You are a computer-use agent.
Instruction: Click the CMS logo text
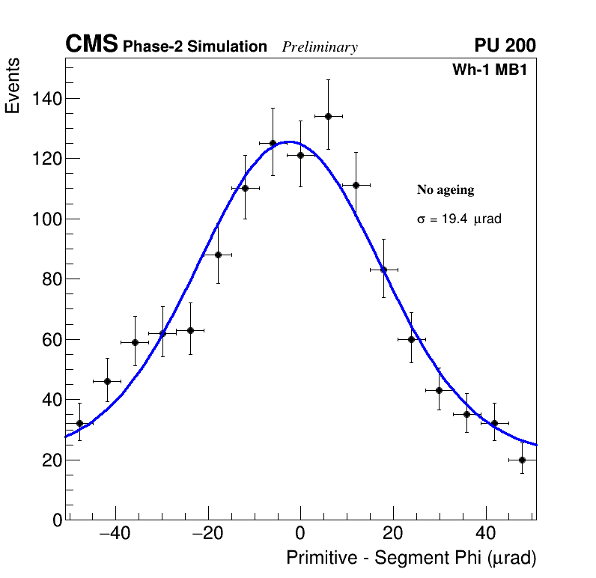pyautogui.click(x=91, y=45)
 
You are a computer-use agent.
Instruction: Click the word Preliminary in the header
pyautogui.click(x=320, y=48)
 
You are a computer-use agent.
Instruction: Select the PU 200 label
pyautogui.click(x=505, y=46)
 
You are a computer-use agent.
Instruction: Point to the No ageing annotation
pyautogui.click(x=446, y=190)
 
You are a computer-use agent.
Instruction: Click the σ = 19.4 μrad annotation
pyautogui.click(x=459, y=219)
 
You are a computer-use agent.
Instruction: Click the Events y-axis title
pyautogui.click(x=13, y=86)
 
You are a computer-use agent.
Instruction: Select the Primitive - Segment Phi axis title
pyautogui.click(x=411, y=558)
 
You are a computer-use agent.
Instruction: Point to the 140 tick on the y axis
pyautogui.click(x=48, y=99)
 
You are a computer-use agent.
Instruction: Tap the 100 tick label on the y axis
pyautogui.click(x=48, y=219)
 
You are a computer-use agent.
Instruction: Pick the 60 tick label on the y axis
pyautogui.click(x=52, y=340)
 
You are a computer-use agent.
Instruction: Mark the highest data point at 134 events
pyautogui.click(x=328, y=116)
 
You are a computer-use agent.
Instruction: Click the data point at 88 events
pyautogui.click(x=218, y=255)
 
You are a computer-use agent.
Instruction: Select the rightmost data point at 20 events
pyautogui.click(x=522, y=460)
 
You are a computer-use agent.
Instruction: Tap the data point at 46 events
pyautogui.click(x=107, y=381)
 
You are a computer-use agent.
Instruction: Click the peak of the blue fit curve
pyautogui.click(x=291, y=142)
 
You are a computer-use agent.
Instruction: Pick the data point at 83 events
pyautogui.click(x=383, y=270)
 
